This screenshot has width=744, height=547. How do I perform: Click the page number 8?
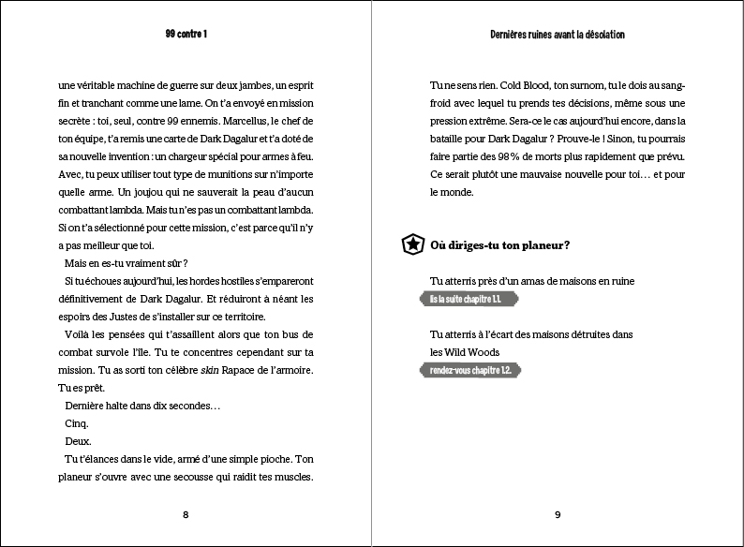click(186, 514)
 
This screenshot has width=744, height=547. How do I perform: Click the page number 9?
click(558, 514)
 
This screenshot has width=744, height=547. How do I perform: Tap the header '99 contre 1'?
click(186, 34)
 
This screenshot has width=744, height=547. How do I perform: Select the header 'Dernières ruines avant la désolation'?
click(558, 34)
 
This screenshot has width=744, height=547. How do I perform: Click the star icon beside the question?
click(411, 245)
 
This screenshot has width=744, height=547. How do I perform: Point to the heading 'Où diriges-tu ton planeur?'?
click(500, 245)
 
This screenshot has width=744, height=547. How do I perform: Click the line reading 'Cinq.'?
click(77, 423)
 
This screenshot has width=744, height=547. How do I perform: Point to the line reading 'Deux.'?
click(77, 441)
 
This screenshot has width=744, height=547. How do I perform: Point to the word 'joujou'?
click(146, 192)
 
